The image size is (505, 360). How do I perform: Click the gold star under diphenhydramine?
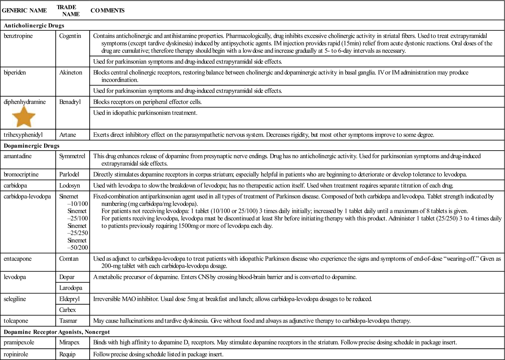tap(24, 117)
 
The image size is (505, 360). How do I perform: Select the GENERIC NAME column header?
tap(24, 10)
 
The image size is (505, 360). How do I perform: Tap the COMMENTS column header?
tap(107, 10)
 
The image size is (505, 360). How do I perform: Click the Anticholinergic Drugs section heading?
tap(34, 26)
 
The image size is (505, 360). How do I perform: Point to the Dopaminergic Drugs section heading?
tap(32, 146)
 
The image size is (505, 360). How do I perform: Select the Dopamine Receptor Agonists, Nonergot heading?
tap(57, 332)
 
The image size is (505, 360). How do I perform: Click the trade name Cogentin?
tap(70, 36)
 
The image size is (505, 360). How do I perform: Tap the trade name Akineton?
tap(71, 73)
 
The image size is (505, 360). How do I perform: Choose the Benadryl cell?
tap(70, 102)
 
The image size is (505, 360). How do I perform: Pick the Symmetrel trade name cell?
tap(72, 156)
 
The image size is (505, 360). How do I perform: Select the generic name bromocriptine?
tap(21, 174)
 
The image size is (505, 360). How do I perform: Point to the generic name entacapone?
tap(18, 259)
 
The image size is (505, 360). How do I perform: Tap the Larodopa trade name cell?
tap(71, 288)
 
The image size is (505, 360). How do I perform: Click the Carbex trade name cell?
tap(68, 310)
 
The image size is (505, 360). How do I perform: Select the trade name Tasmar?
tap(68, 321)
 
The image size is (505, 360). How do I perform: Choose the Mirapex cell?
tap(69, 342)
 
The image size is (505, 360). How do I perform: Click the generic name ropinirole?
tap(16, 354)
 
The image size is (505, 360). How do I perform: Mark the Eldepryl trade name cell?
tap(69, 299)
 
